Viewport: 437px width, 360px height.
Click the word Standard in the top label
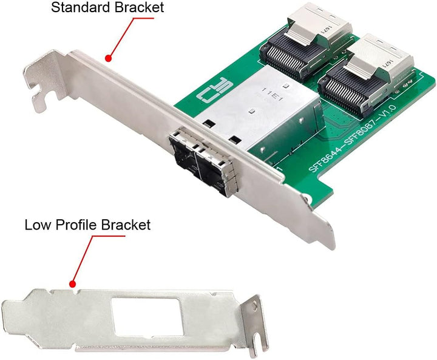pos(77,8)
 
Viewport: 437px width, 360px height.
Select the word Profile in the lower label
pos(77,225)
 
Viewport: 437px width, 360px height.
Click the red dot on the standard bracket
pos(108,58)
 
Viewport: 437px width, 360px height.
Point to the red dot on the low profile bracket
pos(72,284)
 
